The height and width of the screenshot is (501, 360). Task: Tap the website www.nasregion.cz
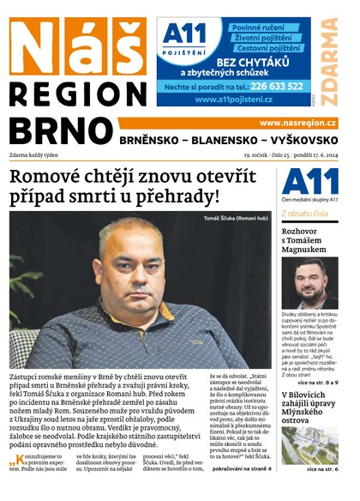297,124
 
